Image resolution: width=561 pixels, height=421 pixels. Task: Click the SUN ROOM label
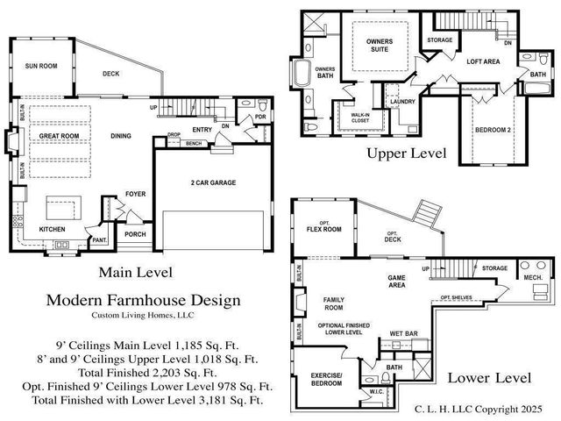tap(41, 66)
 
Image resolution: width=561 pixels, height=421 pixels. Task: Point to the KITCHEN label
tap(52, 230)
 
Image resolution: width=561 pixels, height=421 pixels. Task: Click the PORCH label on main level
tap(136, 234)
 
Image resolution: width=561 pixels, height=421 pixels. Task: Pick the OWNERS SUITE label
tap(378, 46)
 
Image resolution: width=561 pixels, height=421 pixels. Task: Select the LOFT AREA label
tap(483, 61)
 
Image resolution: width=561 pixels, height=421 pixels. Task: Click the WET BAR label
tap(402, 334)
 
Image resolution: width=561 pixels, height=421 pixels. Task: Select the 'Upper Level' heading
tap(407, 153)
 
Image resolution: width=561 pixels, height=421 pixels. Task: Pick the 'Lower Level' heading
tap(489, 378)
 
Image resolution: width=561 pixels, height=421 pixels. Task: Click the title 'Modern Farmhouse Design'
tap(142, 301)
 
